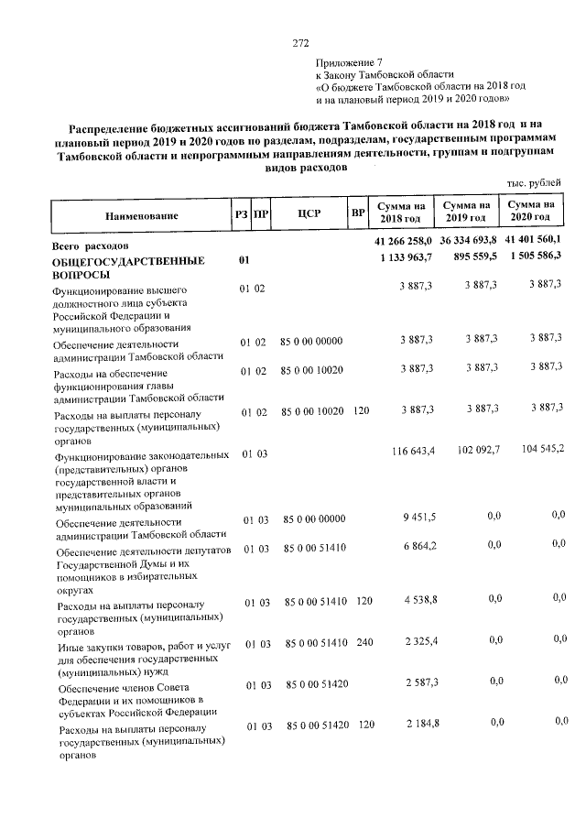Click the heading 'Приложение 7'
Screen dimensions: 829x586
pos(350,62)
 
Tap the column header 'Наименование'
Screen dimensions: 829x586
pos(141,216)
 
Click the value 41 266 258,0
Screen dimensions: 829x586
pos(403,240)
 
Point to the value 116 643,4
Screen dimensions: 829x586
pos(412,451)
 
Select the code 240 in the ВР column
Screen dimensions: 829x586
pos(364,643)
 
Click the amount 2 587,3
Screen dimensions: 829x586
pos(419,682)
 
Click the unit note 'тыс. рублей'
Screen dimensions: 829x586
pos(533,184)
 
